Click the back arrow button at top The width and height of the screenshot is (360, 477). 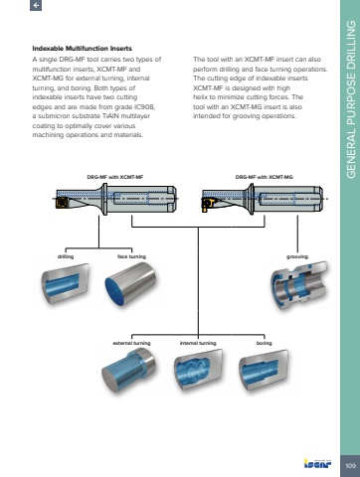coord(36,5)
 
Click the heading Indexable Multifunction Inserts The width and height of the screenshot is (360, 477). coord(82,49)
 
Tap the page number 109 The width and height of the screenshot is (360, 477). coord(350,466)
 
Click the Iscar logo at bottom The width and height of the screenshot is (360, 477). coord(317,463)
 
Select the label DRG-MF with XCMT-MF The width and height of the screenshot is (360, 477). coord(115,177)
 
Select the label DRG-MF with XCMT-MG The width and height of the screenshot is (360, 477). coord(265,177)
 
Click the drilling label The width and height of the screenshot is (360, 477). coord(66,256)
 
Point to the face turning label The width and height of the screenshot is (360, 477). coord(131,256)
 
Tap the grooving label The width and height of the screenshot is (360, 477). coord(297,256)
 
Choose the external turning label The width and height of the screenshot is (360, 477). coord(131,343)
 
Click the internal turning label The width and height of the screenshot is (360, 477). coord(198,343)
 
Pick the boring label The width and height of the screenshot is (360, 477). coord(265,343)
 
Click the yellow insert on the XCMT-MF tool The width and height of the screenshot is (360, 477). coord(61,203)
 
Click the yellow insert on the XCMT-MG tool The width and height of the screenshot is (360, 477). coord(207,204)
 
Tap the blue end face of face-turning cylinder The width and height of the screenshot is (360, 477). coord(114,291)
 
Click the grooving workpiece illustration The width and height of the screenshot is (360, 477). coord(299,285)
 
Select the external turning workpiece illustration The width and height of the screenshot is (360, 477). coord(128,372)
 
